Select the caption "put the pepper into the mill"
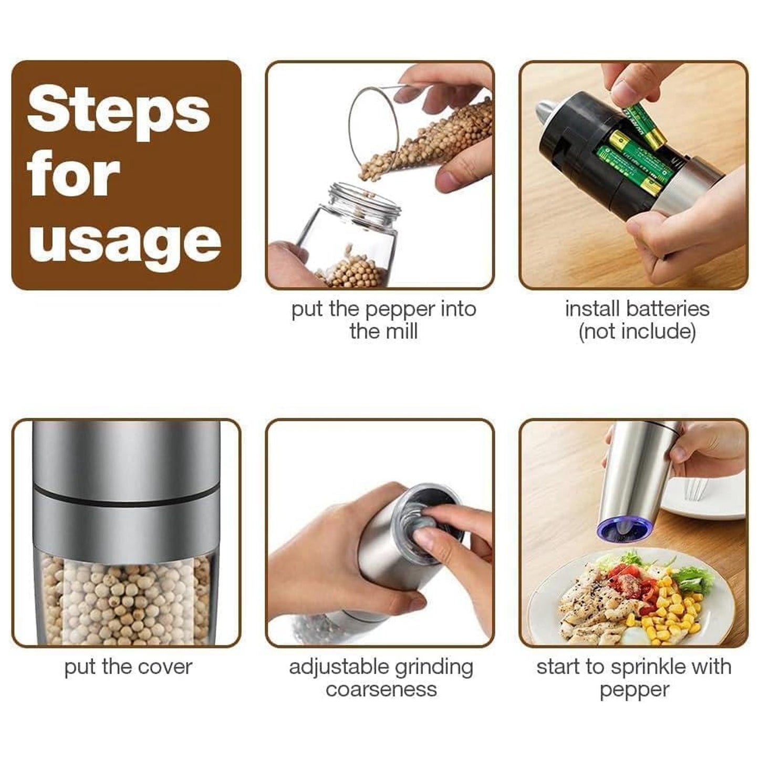tap(383, 320)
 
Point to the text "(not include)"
tap(637, 332)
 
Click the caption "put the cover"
tap(128, 667)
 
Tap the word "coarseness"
tap(381, 690)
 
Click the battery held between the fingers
tap(646, 126)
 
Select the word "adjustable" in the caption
tap(339, 667)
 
